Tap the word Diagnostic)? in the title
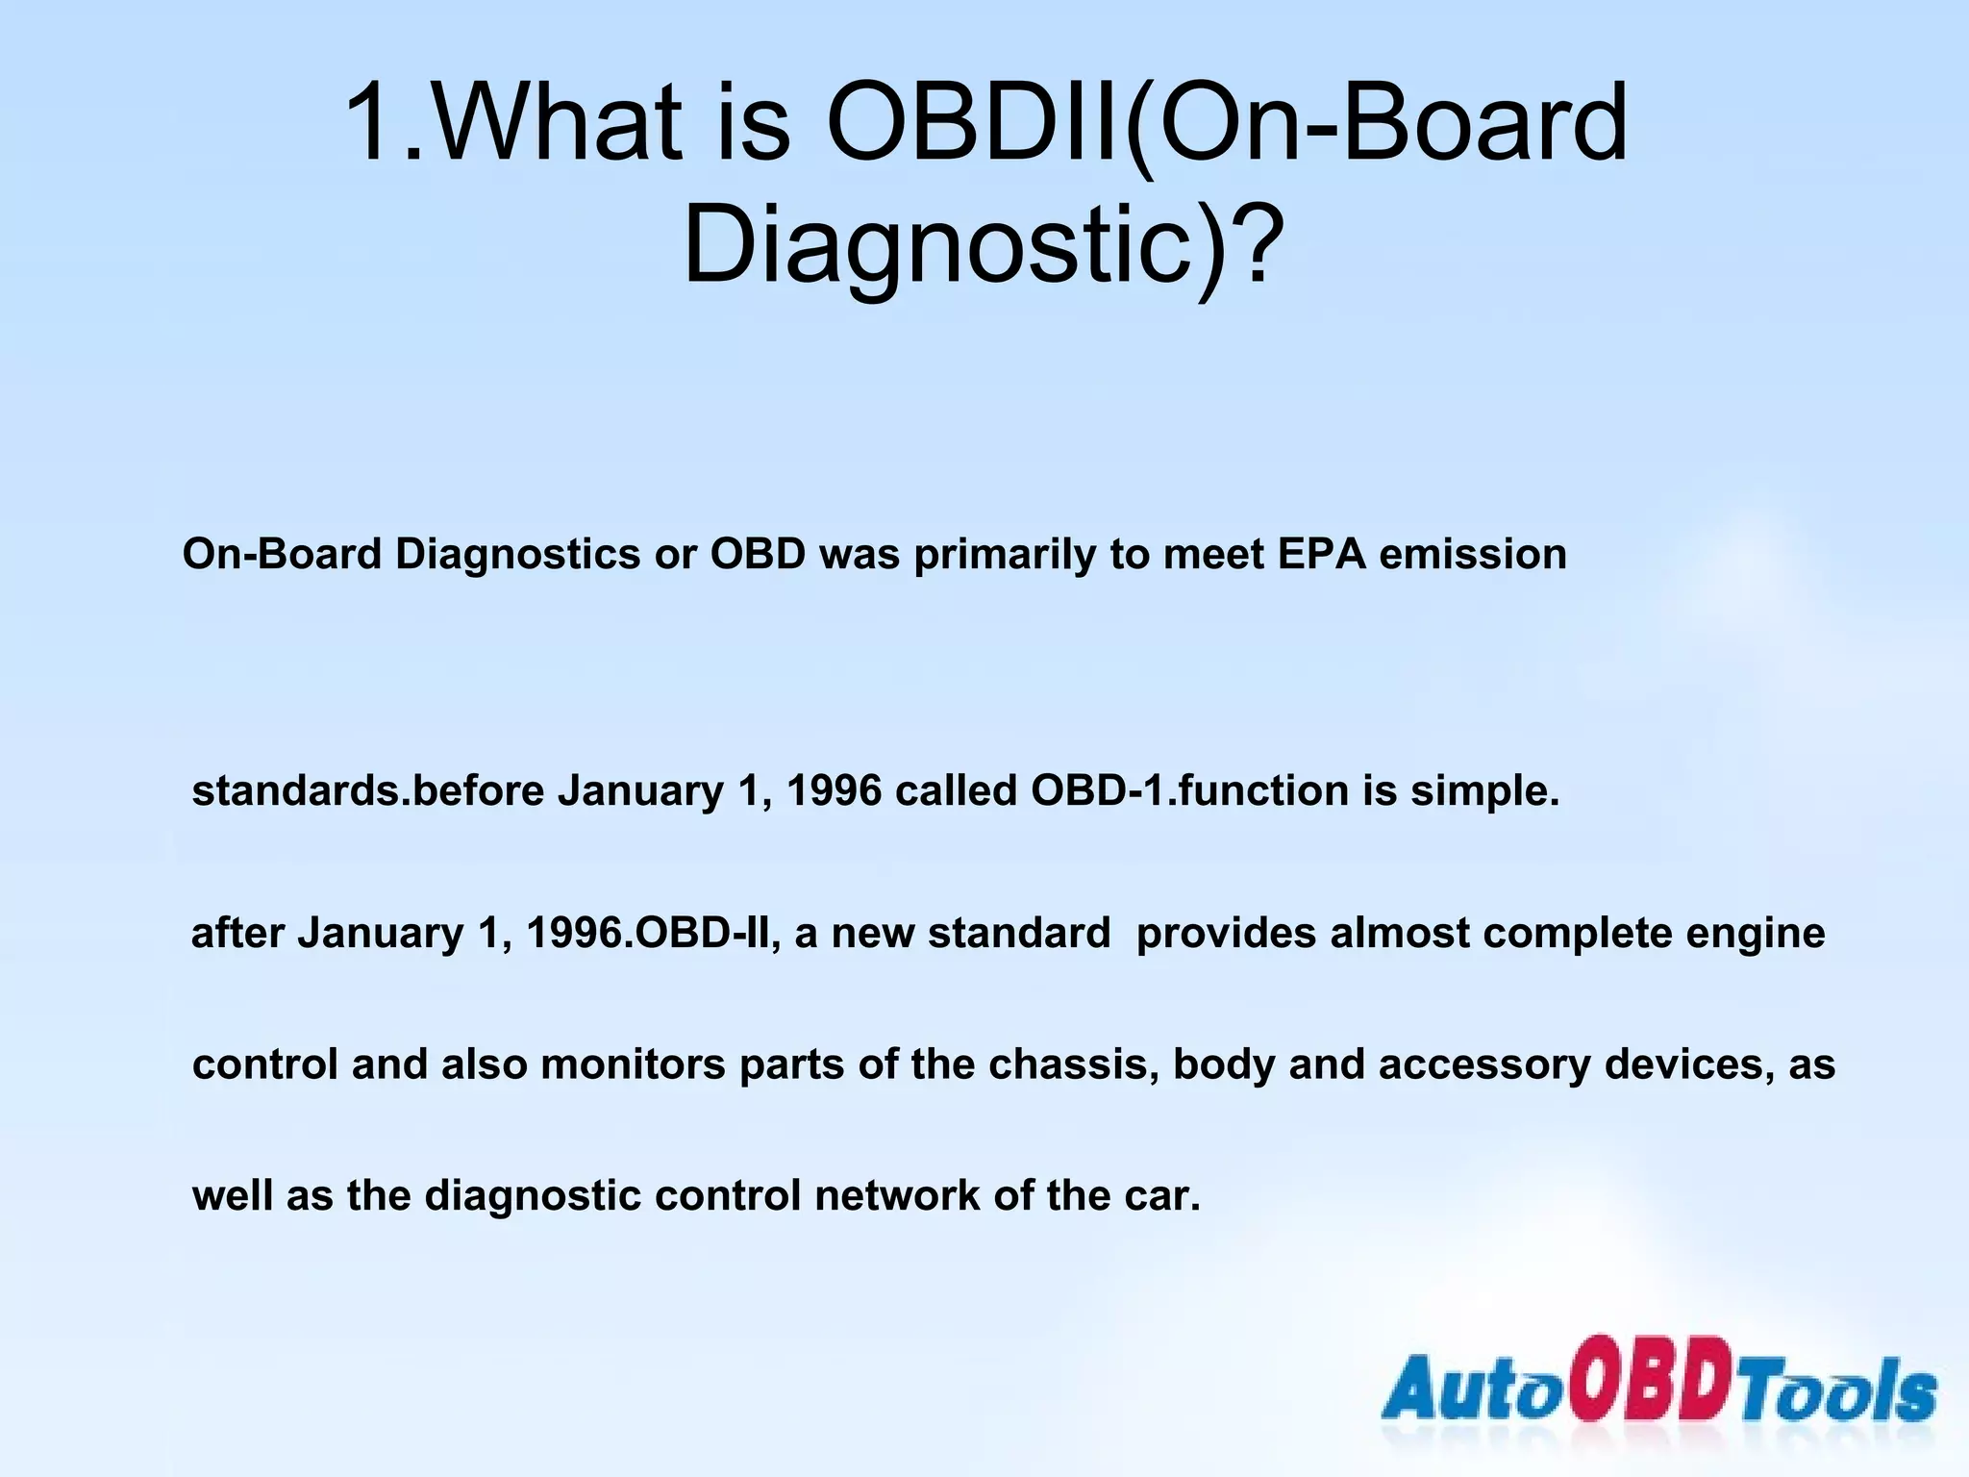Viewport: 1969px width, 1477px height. [x=981, y=244]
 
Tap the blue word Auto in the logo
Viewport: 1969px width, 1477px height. [x=1473, y=1389]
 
